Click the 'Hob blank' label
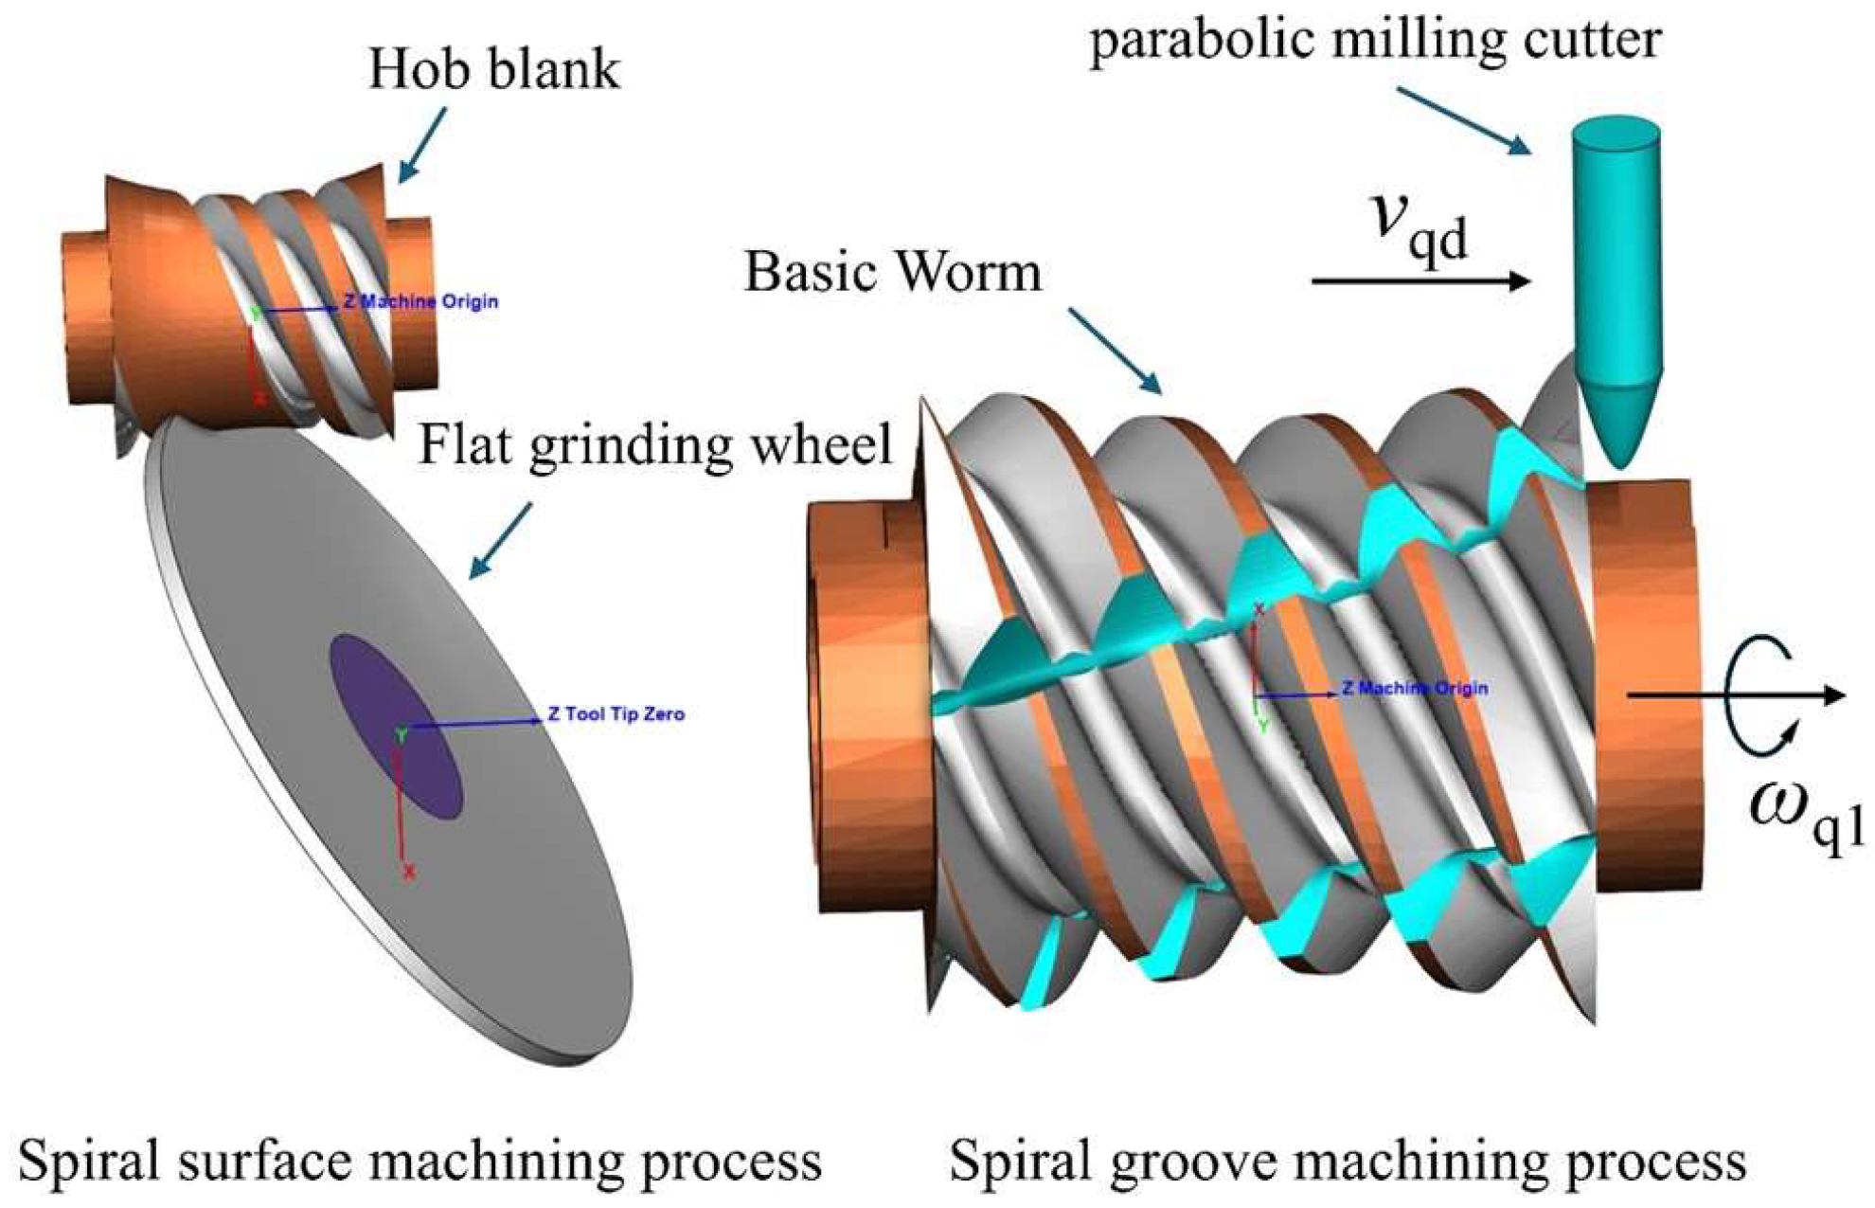click(493, 70)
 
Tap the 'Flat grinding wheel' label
click(655, 444)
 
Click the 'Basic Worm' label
click(892, 272)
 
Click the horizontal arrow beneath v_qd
click(1420, 280)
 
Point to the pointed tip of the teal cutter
click(1621, 460)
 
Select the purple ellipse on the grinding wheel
click(396, 725)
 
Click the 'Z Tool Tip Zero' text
click(616, 714)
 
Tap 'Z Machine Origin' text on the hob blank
click(420, 302)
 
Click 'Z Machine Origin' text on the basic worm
click(1414, 688)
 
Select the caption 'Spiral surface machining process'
click(420, 1161)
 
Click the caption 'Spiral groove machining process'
click(1348, 1161)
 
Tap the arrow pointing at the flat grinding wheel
click(501, 541)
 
